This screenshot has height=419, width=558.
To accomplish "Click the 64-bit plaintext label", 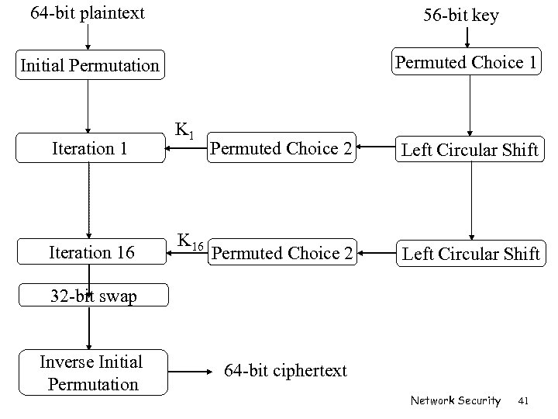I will point(87,13).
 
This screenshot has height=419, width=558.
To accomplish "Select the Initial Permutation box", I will point(89,65).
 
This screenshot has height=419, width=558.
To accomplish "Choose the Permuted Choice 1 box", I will point(467,63).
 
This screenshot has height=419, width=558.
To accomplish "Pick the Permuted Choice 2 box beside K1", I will point(281,148).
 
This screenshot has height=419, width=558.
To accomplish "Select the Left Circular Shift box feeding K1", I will point(469,149).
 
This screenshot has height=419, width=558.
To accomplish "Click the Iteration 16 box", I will point(91,252).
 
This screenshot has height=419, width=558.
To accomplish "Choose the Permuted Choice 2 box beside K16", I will point(282,253).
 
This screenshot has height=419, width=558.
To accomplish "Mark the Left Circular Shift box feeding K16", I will point(470,253).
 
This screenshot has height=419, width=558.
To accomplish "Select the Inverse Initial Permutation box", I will point(91,372).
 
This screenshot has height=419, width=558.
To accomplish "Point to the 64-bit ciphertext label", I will point(286,371).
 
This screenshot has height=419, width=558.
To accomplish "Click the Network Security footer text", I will point(456,401).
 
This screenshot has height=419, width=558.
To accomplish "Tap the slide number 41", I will point(523,401).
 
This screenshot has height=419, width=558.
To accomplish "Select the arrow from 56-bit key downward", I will point(467,37).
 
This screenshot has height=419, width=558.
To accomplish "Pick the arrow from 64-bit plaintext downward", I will point(88,37).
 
